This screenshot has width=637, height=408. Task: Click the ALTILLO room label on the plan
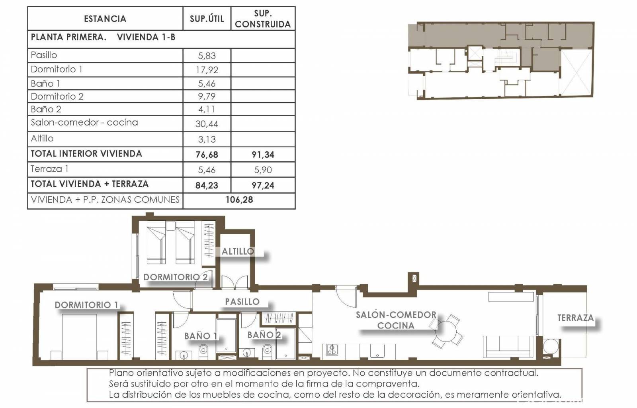pos(238,251)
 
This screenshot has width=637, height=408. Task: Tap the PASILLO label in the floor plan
pos(242,302)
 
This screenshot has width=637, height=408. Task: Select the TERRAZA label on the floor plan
pos(576,318)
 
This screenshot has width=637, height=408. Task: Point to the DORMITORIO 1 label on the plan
pos(86,305)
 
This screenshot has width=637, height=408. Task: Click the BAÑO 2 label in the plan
pos(264,335)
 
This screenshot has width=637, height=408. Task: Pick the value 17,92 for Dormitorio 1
pos(207,70)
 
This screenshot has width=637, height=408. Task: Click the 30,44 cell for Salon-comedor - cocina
pos(207,124)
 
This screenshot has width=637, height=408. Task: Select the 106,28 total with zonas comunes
pos(239,200)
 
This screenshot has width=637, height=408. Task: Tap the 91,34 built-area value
pos(263,155)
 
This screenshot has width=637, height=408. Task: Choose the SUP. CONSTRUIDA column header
pos(263,18)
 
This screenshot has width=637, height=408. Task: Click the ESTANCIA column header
pos(105,19)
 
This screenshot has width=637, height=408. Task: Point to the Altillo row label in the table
pos(42,138)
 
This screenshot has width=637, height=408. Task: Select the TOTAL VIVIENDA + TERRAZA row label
pos(90,184)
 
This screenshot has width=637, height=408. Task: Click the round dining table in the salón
pos(446,331)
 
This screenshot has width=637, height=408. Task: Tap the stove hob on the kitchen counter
pos(332,350)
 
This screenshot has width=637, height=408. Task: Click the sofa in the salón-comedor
pos(508,346)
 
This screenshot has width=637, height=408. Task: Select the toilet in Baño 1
pos(203,350)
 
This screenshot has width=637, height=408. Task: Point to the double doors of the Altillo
pos(235,282)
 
